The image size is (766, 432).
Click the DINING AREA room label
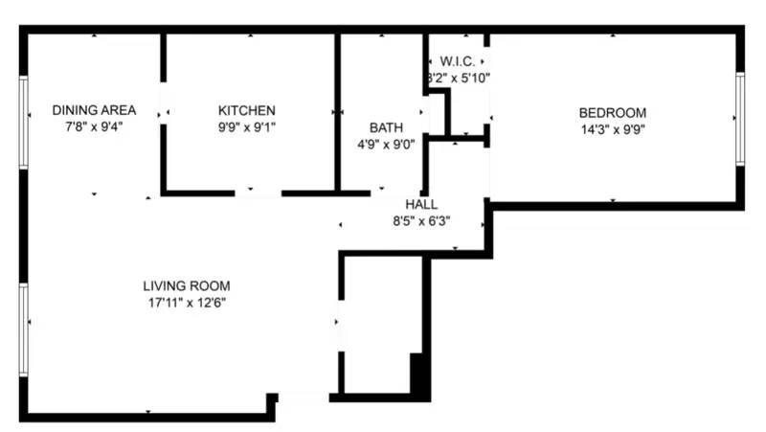(x=93, y=110)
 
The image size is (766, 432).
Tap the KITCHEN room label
(x=246, y=110)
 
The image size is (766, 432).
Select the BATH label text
(x=386, y=126)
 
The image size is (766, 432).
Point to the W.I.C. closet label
(x=458, y=61)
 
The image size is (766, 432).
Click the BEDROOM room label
(x=613, y=112)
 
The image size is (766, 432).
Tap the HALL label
(x=421, y=204)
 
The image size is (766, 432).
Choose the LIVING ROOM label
(x=187, y=285)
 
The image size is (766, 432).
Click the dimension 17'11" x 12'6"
(x=187, y=302)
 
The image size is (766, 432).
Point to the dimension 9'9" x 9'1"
(x=246, y=126)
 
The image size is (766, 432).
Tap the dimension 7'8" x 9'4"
(x=93, y=126)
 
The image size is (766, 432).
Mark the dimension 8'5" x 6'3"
(x=421, y=220)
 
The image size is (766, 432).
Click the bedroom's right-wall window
(x=740, y=116)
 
